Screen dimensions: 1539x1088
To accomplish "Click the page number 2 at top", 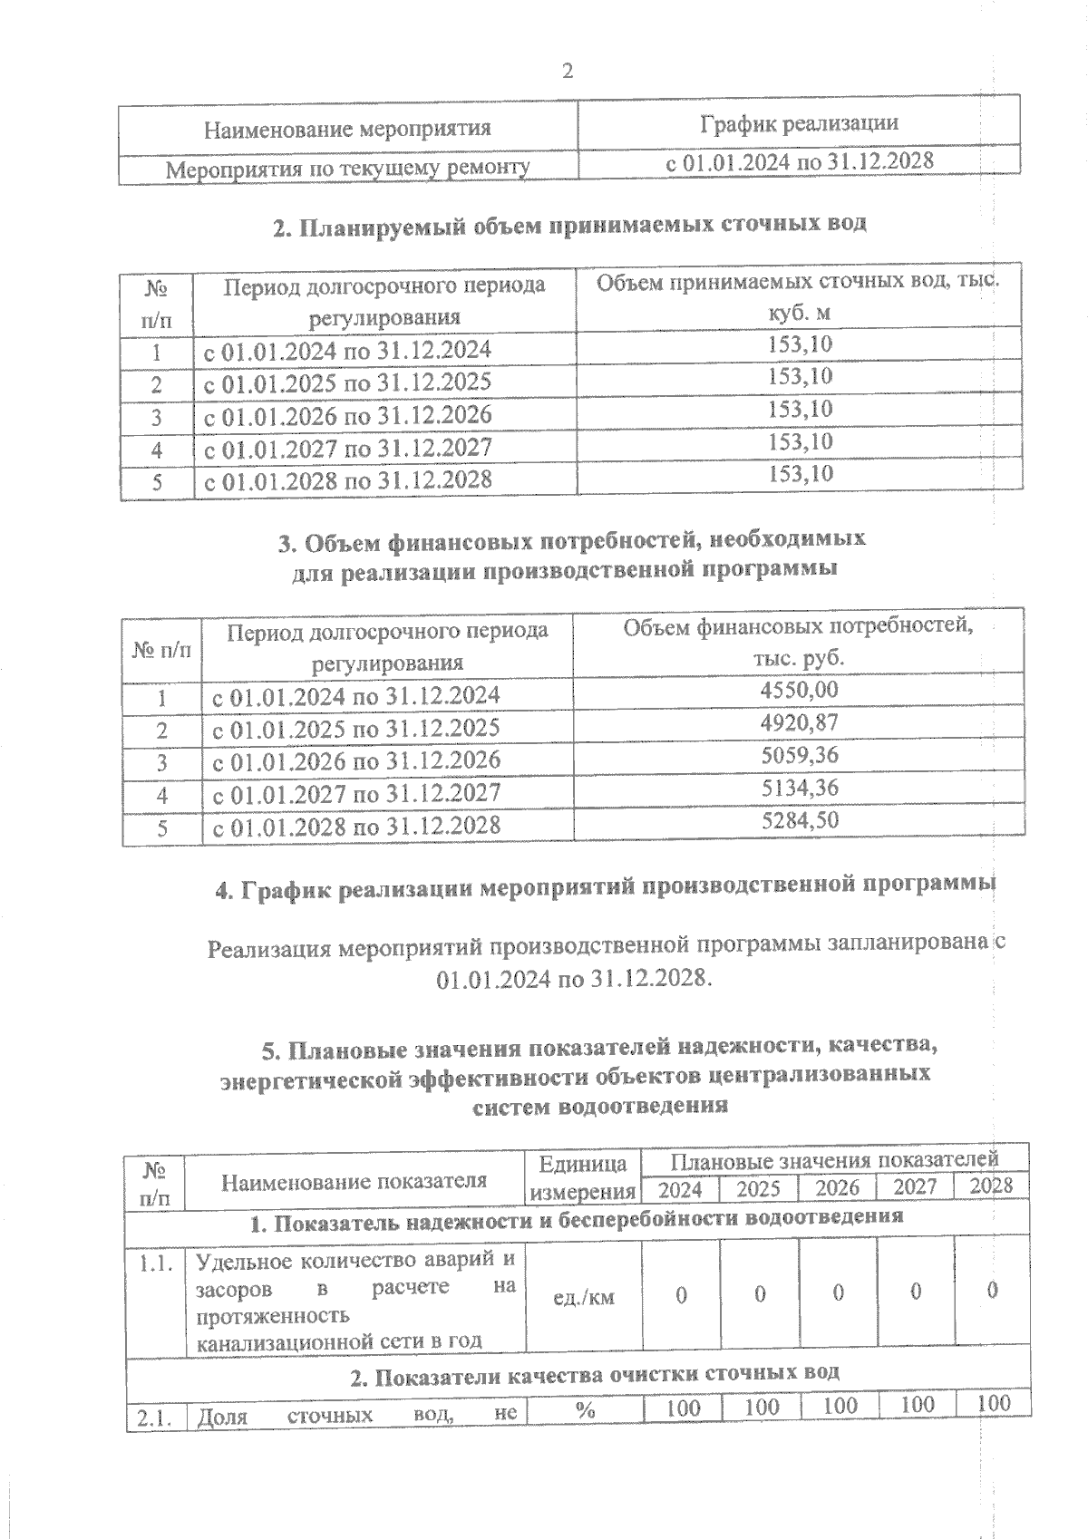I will [568, 72].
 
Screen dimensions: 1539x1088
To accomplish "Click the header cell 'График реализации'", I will [799, 123].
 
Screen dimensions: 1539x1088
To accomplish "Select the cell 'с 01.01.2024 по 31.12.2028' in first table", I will [799, 162].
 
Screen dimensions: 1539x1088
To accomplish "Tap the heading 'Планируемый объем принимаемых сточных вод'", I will [569, 224].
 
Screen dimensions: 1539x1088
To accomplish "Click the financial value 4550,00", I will [799, 690].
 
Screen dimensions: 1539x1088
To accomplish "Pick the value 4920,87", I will [799, 722].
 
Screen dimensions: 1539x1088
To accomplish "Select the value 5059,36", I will [799, 755].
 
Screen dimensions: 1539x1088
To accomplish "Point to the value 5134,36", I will [799, 788].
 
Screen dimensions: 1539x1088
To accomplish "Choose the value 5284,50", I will [799, 820].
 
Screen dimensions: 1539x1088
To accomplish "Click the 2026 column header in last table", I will [837, 1187].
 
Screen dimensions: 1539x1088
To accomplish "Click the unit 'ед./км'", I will [583, 1297].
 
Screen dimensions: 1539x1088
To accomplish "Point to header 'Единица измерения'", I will [582, 1177].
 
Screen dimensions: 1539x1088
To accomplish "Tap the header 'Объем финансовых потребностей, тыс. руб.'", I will [798, 642].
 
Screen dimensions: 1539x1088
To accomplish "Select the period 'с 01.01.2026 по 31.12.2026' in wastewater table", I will [347, 415].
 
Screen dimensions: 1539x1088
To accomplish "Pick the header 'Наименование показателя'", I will [355, 1181].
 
